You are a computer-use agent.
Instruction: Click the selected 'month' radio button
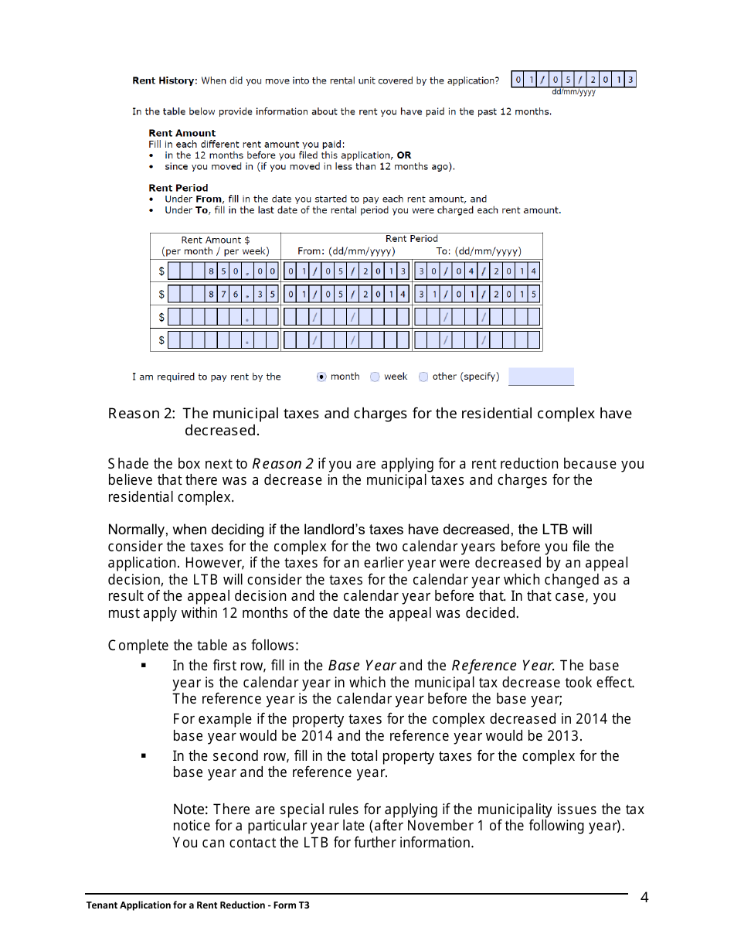321,377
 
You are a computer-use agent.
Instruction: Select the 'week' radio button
375,377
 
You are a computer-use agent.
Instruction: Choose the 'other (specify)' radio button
423,377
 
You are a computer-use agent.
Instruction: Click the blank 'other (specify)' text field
541,377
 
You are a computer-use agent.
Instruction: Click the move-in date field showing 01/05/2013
574,80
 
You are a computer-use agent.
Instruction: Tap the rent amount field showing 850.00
223,271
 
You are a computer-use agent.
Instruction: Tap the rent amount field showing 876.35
223,295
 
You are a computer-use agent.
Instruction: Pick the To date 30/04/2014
477,271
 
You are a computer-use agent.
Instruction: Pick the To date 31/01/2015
477,295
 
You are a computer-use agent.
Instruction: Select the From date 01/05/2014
346,295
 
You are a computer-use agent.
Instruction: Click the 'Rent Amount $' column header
215,240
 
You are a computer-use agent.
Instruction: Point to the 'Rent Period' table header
411,239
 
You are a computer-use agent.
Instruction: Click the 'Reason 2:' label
141,414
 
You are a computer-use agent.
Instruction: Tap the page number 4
644,898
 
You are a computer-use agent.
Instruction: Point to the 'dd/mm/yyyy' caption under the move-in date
573,93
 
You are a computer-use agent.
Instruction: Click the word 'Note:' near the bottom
190,810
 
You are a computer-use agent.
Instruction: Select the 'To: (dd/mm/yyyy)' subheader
478,251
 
